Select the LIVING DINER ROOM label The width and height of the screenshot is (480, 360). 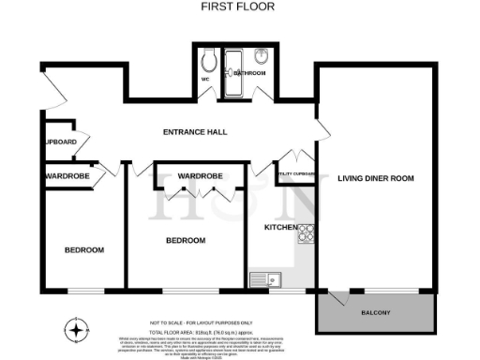tap(375, 178)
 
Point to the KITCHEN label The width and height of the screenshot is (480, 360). tap(280, 228)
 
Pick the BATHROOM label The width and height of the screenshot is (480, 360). tap(249, 72)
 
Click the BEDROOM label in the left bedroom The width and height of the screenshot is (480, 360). tap(84, 249)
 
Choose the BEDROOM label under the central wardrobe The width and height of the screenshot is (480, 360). tap(186, 241)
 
